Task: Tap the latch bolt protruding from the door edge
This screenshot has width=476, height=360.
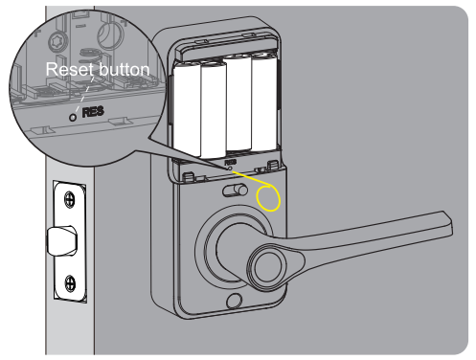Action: click(63, 240)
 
